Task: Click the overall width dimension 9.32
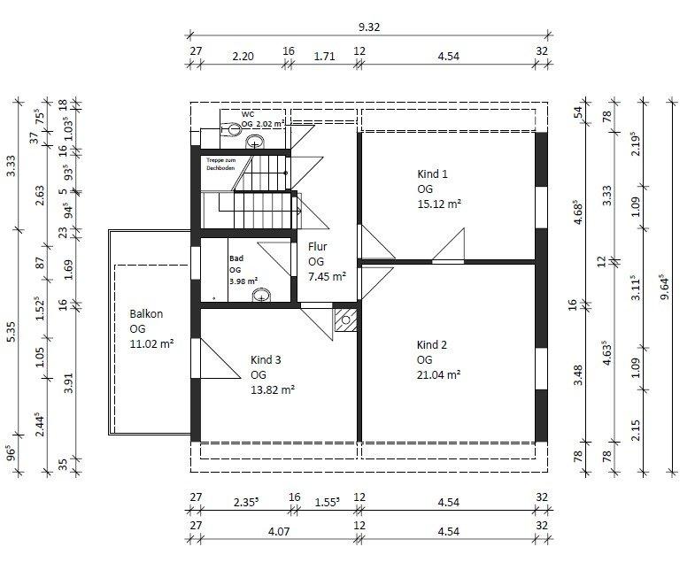point(369,27)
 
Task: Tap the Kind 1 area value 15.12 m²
point(439,204)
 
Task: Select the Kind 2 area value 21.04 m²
point(438,374)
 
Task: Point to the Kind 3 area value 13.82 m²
point(273,389)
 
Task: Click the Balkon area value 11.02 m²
point(151,343)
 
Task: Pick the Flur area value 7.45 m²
point(327,276)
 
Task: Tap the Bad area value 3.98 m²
point(243,281)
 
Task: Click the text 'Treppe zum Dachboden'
point(220,164)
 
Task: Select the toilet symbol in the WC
point(231,129)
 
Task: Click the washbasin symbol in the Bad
point(261,296)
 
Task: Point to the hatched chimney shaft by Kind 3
point(345,320)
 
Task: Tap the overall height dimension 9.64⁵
point(665,286)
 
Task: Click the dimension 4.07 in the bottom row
point(279,531)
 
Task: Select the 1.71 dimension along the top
point(324,57)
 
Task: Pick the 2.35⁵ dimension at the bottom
point(246,502)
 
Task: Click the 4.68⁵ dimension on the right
point(577,212)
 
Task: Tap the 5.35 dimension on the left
point(12,332)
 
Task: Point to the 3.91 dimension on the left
point(68,382)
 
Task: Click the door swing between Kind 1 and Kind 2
point(448,243)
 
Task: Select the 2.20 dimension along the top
point(243,57)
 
